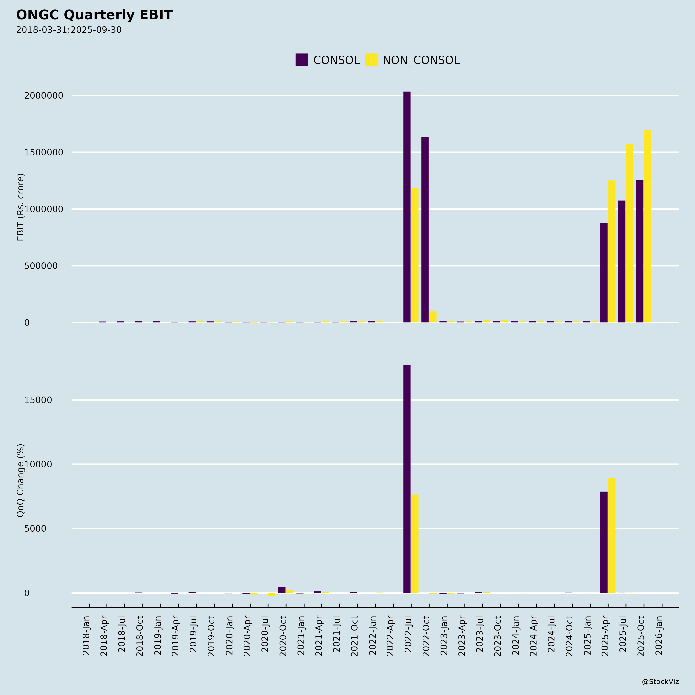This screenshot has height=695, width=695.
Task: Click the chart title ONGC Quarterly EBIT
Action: [x=94, y=15]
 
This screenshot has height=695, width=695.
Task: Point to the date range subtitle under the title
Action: [x=69, y=30]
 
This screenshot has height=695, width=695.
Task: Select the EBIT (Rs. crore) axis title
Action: [x=20, y=207]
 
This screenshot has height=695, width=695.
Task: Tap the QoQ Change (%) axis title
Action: [x=20, y=481]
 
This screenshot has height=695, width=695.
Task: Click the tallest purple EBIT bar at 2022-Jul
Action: [x=407, y=207]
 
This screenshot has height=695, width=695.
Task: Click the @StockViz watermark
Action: [x=660, y=682]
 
